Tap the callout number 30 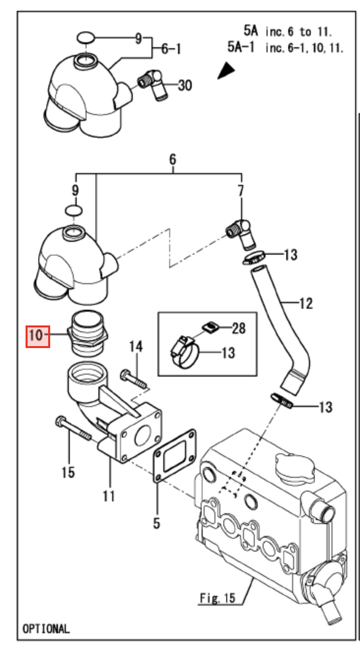point(184,85)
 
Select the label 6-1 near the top point(171,49)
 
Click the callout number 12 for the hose point(305,303)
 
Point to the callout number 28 point(239,328)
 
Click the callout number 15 point(68,472)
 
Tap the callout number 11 point(109,496)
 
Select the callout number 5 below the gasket point(156,523)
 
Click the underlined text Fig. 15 point(217,598)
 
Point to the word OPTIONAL point(46,628)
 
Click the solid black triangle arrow point(226,71)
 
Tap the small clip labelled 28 point(210,326)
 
